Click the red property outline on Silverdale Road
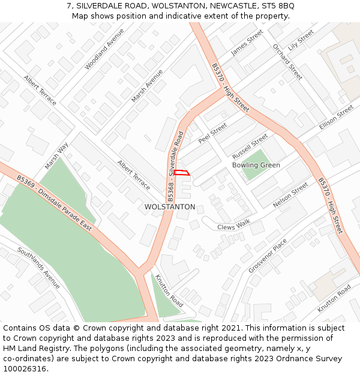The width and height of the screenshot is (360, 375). (x=182, y=173)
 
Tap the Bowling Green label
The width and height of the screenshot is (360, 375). (x=256, y=165)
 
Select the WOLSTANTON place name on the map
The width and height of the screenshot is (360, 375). (x=170, y=207)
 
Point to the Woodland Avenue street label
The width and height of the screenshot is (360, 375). (x=104, y=49)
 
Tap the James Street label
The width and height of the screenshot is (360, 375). (x=247, y=43)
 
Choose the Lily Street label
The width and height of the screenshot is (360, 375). (x=301, y=40)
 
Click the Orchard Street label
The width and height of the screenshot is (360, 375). (x=287, y=62)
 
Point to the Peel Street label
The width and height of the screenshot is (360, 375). (x=212, y=133)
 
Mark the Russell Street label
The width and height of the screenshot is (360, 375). (x=250, y=144)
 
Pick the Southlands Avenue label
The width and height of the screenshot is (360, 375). (x=39, y=268)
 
